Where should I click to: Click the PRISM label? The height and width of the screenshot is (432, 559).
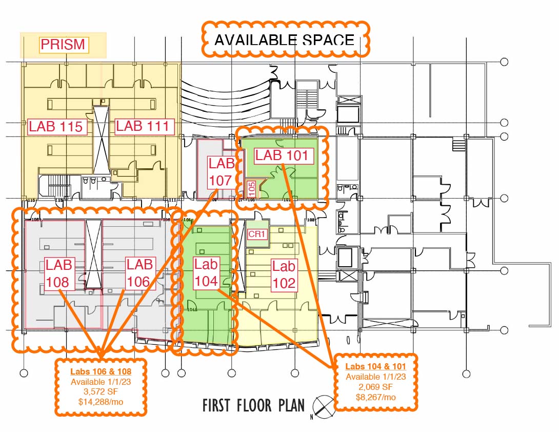63,45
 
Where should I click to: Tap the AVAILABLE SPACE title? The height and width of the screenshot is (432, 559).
284,40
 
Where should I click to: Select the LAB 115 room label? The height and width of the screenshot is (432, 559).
56,126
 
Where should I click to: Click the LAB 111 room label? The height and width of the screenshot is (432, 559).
142,126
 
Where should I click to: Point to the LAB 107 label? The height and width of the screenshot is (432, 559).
222,172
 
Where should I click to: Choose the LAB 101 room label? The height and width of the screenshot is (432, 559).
282,155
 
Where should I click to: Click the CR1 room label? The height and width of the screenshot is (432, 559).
256,234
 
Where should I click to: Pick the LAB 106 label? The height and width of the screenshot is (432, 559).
139,273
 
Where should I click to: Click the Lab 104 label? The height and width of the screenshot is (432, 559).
206,272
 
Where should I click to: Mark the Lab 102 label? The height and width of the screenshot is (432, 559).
284,274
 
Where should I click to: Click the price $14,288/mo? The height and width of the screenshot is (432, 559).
101,402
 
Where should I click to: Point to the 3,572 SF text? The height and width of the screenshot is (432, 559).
101,392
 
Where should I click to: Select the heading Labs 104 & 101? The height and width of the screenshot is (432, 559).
375,366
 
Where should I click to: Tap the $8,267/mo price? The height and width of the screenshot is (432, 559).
375,397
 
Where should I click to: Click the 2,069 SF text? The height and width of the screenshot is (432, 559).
375,387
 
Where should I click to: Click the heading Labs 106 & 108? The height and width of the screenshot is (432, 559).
101,371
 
